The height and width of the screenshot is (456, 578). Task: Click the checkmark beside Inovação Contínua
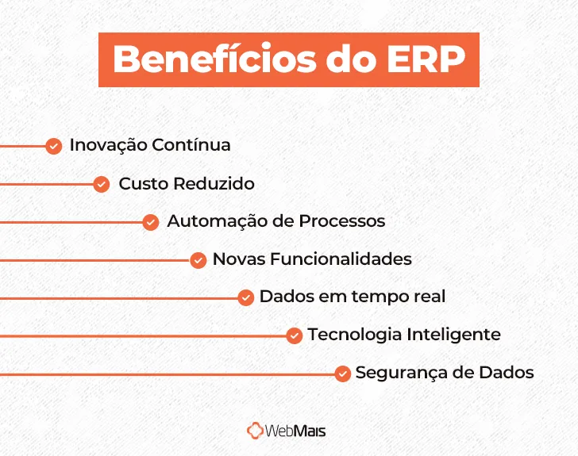coord(53,146)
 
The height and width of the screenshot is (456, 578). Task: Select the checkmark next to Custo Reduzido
coord(101,184)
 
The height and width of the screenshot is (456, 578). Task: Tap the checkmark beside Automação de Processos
coord(150,222)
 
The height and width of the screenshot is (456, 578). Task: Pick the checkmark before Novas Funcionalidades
coord(198,259)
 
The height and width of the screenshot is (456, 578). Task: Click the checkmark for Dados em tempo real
coord(245,297)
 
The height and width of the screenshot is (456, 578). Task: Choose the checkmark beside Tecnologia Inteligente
coord(294,335)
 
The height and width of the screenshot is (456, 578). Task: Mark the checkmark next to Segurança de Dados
coord(342,374)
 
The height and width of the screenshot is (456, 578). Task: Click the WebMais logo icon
coord(255,431)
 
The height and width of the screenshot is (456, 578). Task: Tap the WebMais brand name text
coord(296,431)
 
